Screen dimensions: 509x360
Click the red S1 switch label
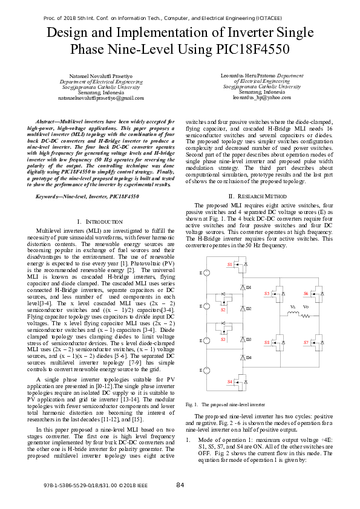pos(229,265)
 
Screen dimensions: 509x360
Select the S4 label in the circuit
pos(229,382)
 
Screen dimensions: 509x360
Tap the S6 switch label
pos(306,293)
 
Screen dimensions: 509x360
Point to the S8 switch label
pos(267,342)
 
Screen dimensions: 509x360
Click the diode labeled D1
pos(248,287)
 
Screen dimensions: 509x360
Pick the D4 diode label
pos(248,358)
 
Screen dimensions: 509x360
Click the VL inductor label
pos(292,307)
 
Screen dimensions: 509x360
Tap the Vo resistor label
pos(306,307)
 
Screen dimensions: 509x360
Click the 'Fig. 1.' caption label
pos(192,404)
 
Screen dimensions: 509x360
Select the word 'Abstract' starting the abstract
pos(47,122)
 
